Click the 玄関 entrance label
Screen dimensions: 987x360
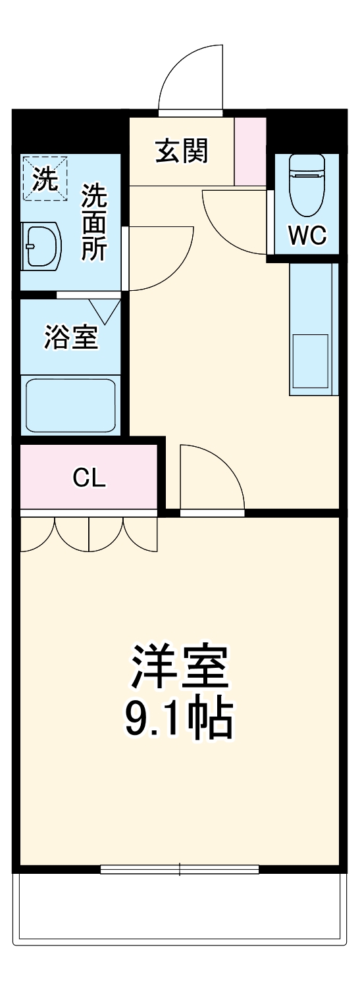point(181,151)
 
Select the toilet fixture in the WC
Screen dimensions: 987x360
point(307,185)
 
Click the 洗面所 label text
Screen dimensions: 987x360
point(94,222)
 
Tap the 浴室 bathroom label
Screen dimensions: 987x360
point(71,338)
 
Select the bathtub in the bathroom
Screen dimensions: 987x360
point(70,405)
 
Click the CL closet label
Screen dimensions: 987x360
point(89,478)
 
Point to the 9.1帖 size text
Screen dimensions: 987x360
point(179,720)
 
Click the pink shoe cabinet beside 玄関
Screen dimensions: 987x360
point(250,151)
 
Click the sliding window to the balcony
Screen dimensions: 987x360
point(180,869)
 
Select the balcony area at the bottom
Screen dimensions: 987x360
point(180,908)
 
